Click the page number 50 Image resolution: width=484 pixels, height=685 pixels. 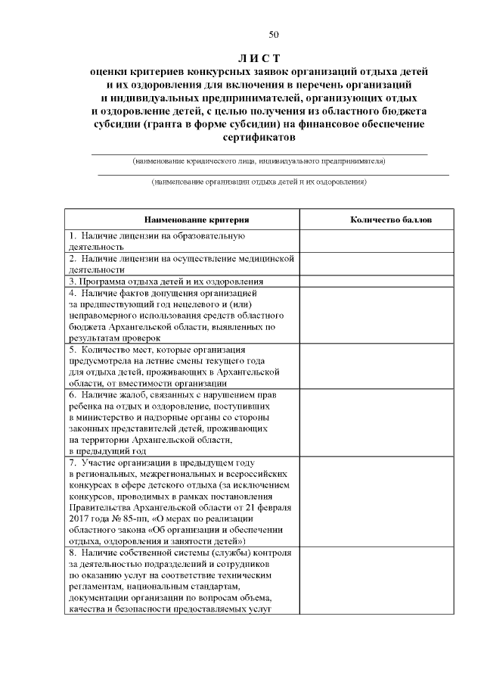(x=274, y=34)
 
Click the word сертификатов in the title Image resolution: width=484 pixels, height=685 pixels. (x=258, y=139)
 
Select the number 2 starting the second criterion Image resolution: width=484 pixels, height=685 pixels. (x=71, y=259)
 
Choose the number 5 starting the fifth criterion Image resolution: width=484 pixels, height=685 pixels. (x=71, y=350)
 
